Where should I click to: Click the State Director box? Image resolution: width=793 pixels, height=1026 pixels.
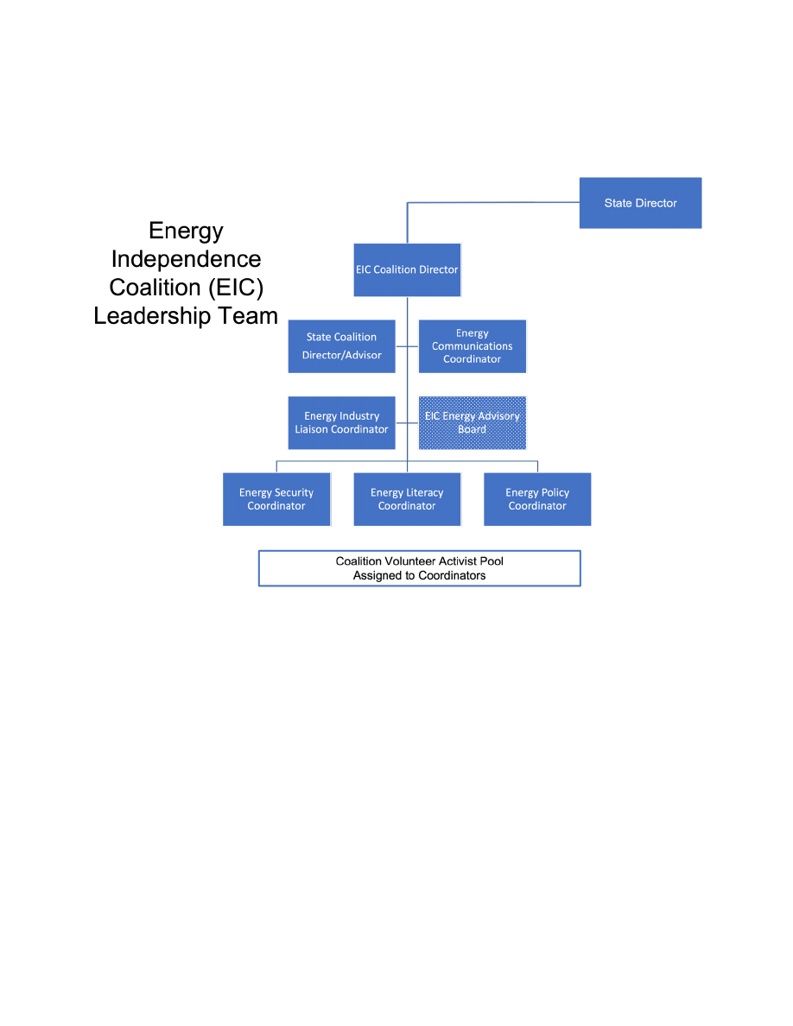click(640, 203)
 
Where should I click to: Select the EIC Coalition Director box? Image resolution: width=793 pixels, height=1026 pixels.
click(407, 269)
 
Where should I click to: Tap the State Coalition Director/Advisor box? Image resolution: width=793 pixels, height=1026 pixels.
click(341, 346)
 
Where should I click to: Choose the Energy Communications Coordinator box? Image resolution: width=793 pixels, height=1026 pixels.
click(473, 346)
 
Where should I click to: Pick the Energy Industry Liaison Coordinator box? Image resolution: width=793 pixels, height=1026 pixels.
click(341, 422)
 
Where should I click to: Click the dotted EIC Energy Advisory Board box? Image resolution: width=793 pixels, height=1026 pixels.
click(473, 422)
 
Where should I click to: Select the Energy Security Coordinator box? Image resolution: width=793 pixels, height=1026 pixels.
click(276, 499)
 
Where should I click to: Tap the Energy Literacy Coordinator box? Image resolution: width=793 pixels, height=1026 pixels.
click(407, 499)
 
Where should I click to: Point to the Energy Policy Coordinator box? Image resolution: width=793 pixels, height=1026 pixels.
click(537, 499)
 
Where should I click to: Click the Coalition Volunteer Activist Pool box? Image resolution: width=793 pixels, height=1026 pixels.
click(419, 568)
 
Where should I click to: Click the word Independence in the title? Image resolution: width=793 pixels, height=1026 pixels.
click(186, 259)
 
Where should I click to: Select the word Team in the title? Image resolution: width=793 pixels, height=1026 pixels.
click(248, 316)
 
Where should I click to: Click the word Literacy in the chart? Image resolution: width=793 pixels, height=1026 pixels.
click(423, 493)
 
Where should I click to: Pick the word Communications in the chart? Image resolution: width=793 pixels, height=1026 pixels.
click(473, 346)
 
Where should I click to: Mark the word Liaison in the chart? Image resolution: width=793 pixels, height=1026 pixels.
click(312, 429)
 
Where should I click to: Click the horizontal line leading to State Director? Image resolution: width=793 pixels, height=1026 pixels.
click(492, 203)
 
